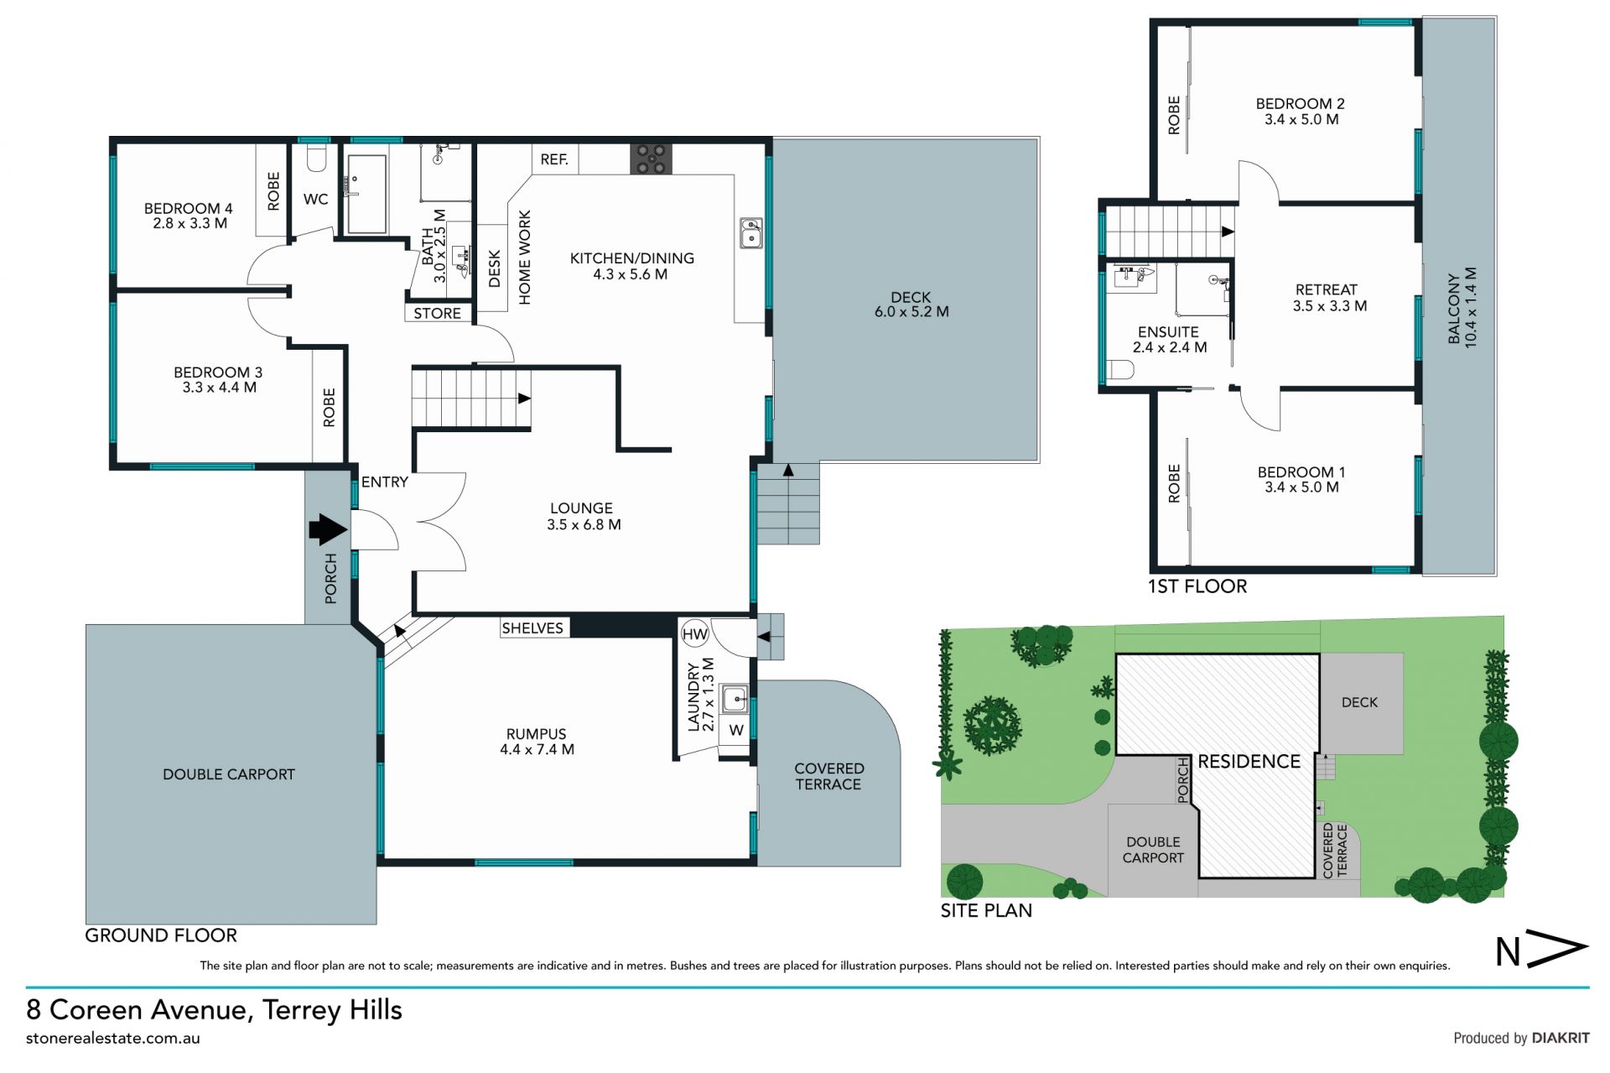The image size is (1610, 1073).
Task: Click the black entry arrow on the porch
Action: tap(328, 529)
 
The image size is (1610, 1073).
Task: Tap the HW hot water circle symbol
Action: tap(695, 634)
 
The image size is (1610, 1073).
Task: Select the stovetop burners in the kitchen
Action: tap(652, 159)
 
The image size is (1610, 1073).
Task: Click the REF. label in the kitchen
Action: tap(554, 159)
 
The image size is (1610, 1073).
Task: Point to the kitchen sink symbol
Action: tap(750, 232)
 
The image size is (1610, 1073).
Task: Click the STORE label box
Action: tap(437, 313)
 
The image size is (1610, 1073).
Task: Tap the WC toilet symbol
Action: tap(316, 157)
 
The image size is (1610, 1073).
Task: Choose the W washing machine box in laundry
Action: tap(735, 730)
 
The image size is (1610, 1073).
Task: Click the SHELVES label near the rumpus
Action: tap(532, 628)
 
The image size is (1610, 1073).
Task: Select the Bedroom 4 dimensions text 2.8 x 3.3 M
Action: tap(190, 224)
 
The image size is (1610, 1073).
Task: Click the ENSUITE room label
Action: tap(1168, 332)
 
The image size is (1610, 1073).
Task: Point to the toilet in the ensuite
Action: tap(1120, 369)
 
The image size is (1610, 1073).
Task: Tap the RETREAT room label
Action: tap(1326, 290)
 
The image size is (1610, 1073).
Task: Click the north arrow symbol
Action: tap(1542, 949)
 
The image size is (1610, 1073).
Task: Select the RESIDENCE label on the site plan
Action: tap(1249, 761)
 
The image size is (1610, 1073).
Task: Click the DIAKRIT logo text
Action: tap(1561, 1038)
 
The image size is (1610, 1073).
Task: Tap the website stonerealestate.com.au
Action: tap(113, 1039)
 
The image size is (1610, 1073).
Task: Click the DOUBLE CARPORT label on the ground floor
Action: tap(229, 774)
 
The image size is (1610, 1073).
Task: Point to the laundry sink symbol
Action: tap(735, 699)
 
